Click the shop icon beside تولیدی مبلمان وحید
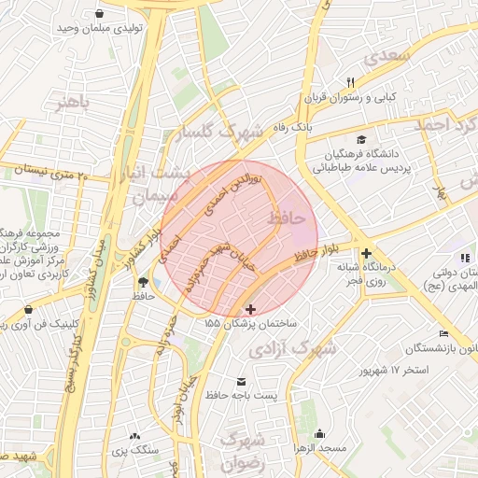(100, 13)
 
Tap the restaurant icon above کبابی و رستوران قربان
(351, 81)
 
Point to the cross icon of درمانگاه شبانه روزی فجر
(366, 253)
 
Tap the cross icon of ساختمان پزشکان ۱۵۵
(249, 308)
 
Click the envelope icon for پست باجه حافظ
(243, 382)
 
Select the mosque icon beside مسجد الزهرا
(320, 434)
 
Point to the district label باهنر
(72, 103)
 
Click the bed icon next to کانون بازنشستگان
(443, 334)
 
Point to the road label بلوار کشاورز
(143, 246)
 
